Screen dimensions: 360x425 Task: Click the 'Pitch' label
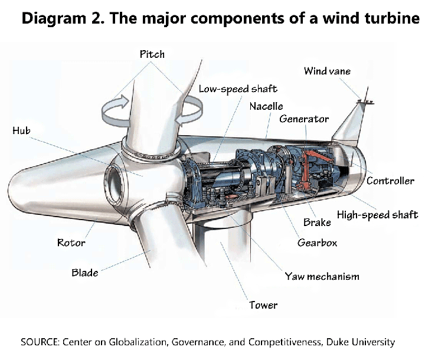click(x=152, y=54)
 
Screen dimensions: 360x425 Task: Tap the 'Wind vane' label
click(x=327, y=71)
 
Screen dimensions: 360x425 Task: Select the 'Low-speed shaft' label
click(x=237, y=89)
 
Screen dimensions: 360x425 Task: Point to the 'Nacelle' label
click(x=266, y=106)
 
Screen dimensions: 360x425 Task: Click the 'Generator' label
click(x=304, y=119)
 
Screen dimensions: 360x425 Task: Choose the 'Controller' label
click(x=390, y=181)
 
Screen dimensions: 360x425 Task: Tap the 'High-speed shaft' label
click(x=377, y=214)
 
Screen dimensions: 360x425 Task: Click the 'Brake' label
click(x=317, y=222)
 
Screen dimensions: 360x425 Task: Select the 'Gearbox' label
click(x=317, y=243)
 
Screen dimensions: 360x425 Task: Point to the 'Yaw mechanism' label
click(x=322, y=276)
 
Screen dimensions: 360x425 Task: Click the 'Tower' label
click(x=263, y=305)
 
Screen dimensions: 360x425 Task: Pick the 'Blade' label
click(x=85, y=273)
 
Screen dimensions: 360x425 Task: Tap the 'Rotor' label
click(x=71, y=243)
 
